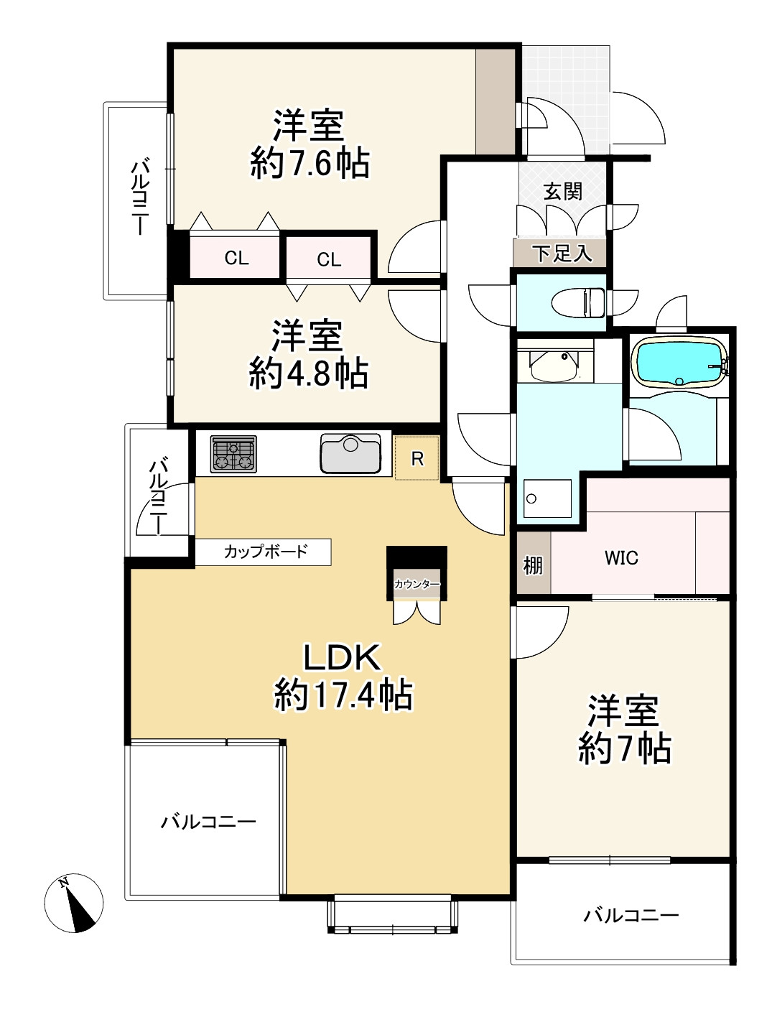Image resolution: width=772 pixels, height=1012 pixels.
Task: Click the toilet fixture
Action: (578, 302)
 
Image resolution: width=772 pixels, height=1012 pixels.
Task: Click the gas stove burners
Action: (233, 454)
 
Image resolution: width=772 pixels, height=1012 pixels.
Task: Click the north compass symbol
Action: (74, 904)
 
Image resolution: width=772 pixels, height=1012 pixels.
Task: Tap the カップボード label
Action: (266, 552)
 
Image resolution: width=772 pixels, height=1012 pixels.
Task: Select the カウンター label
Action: (417, 584)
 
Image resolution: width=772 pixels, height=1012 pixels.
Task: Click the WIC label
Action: (621, 558)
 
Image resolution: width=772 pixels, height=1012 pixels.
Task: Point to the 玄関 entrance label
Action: (563, 191)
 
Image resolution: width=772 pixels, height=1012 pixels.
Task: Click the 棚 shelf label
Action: (533, 565)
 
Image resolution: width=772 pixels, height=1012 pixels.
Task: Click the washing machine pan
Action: (547, 498)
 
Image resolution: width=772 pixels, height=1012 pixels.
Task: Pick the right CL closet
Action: (329, 258)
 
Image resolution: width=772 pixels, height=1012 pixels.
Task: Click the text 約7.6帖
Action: (310, 164)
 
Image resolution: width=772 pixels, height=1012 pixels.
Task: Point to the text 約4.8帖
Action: (308, 373)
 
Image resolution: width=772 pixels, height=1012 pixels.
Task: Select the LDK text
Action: (342, 658)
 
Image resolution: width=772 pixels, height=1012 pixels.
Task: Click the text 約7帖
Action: (624, 749)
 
